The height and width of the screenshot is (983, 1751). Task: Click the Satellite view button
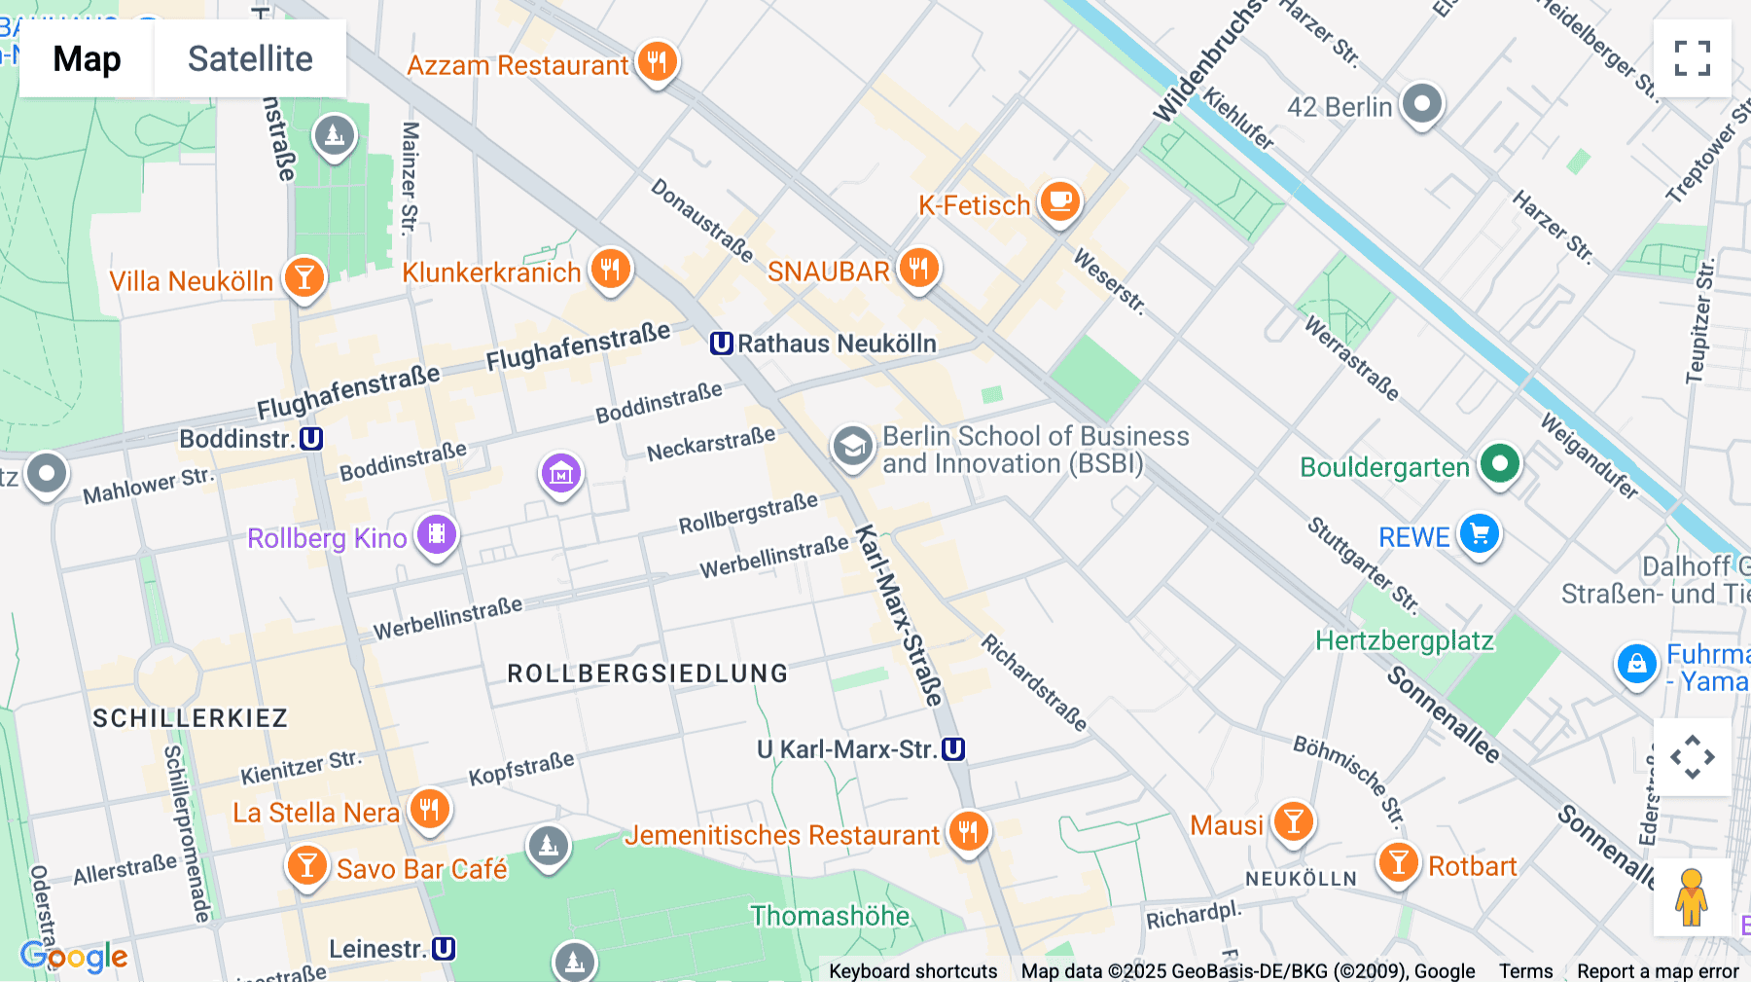coord(250,58)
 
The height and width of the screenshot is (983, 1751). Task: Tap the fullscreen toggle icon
coord(1692,58)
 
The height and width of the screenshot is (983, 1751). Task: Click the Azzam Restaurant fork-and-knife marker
coord(657,62)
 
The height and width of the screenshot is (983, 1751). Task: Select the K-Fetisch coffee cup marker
coord(1060,201)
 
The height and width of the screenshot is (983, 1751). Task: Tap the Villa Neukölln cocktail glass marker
coord(304,277)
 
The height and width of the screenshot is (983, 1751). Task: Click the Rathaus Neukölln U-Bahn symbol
coord(721,344)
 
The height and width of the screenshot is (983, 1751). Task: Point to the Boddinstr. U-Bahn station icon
coord(311,439)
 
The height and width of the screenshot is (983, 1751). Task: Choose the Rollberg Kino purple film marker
coord(437,534)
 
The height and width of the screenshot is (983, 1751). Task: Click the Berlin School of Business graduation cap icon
coord(852,447)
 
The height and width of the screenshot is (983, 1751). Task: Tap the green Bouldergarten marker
coord(1499,463)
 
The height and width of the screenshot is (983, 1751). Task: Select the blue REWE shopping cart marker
coord(1480,533)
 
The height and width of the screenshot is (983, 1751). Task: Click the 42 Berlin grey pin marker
coord(1421,103)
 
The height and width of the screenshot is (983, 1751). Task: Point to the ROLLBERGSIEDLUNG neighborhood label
coord(647,674)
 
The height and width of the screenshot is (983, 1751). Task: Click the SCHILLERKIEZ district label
coord(190,718)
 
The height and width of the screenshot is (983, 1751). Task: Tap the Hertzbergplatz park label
coord(1404,640)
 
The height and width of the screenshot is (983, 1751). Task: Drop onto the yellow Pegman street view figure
coord(1691,897)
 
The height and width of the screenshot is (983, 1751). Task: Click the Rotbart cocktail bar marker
coord(1398,862)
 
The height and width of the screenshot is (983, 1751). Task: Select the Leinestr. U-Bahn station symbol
coord(444,949)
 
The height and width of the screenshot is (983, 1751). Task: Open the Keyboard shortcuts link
coord(912,970)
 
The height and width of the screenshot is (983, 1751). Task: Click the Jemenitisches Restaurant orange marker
coord(968,831)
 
